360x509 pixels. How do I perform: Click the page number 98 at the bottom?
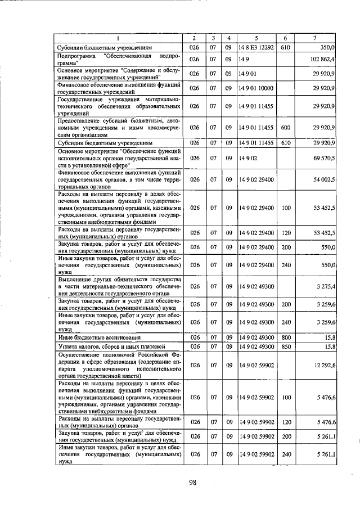192,482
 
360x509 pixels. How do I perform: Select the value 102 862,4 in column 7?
322,58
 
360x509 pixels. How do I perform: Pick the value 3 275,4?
326,286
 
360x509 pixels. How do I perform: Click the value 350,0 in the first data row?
328,48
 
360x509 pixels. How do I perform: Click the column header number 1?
119,38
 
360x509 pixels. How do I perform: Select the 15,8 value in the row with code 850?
330,346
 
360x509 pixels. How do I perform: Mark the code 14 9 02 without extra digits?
247,159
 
